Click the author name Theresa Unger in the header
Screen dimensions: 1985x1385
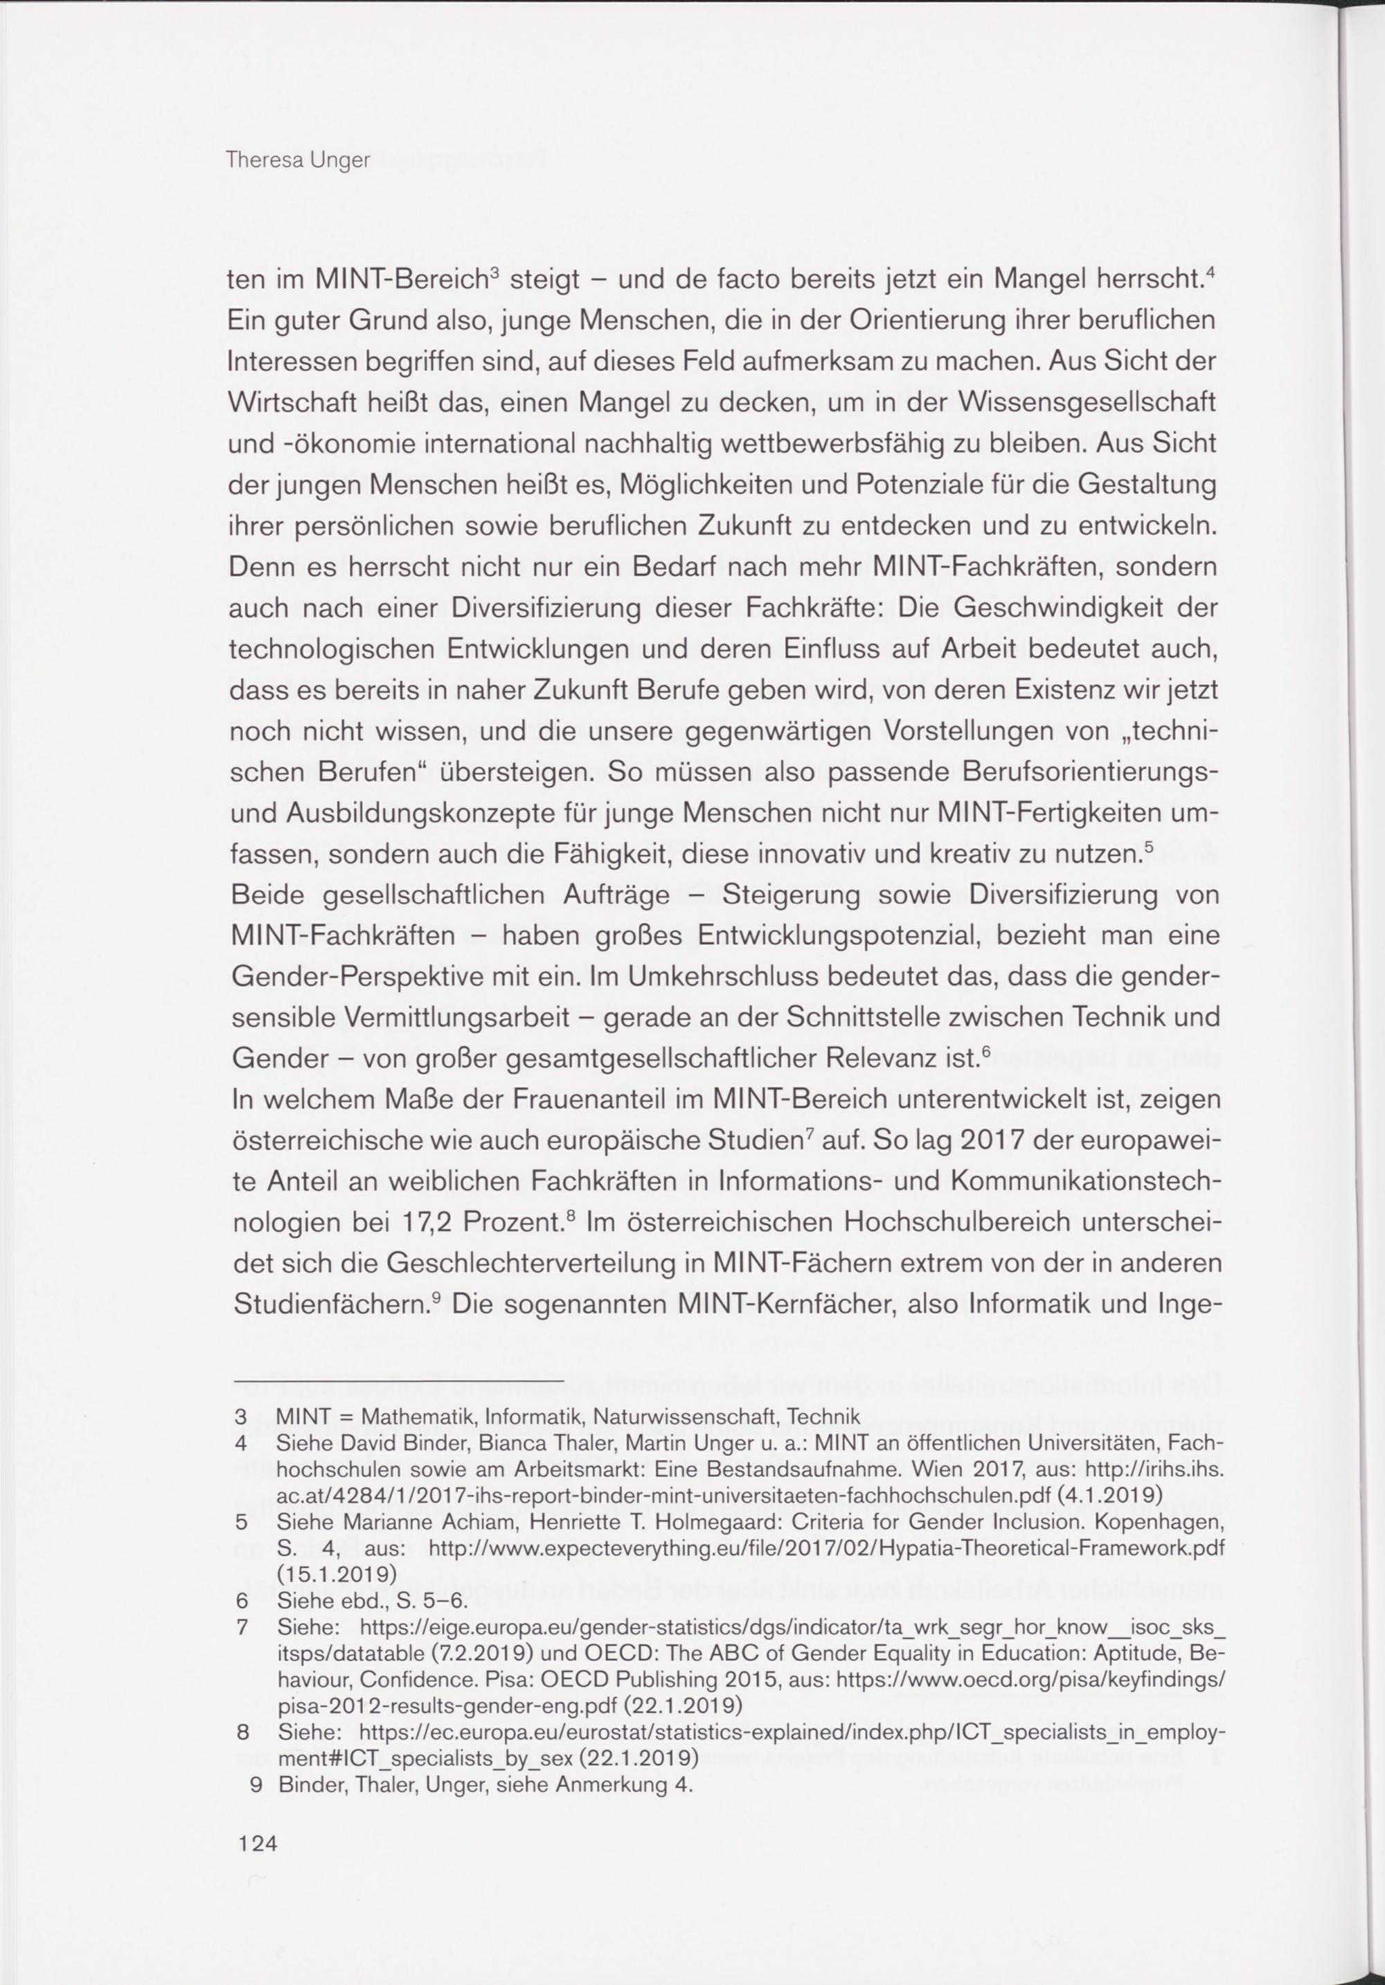(296, 161)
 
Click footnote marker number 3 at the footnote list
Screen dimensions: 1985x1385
(241, 1417)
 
